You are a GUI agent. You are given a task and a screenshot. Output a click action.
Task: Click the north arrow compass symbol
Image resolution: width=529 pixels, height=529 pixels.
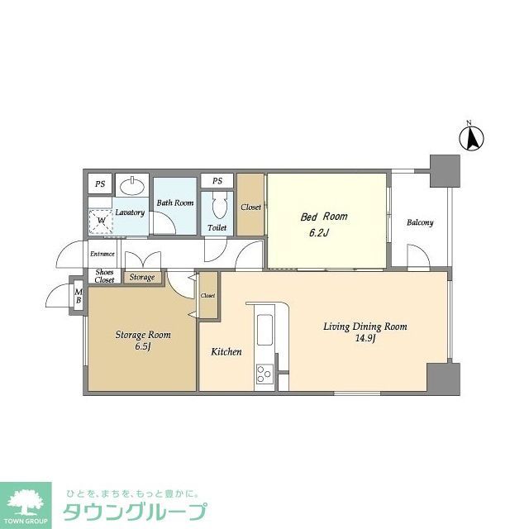point(472,137)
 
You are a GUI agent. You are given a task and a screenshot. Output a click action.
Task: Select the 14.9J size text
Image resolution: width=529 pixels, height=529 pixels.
point(365,338)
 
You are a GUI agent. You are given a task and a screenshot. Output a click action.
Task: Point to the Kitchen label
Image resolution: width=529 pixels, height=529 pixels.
point(226,352)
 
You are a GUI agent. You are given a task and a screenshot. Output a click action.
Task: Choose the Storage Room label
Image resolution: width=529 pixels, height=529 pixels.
point(142,335)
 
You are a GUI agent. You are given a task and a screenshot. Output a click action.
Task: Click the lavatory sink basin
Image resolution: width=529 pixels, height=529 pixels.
point(130,185)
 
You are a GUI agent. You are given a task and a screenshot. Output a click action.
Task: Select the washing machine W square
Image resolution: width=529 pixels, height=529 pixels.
point(102,221)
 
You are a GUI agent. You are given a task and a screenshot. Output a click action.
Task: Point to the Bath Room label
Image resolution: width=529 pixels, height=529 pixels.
point(175,203)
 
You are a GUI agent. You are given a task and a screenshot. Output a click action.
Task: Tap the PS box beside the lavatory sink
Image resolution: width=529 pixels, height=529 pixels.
point(100,184)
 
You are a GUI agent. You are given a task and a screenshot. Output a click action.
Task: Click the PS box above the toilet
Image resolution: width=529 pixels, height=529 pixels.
point(217,181)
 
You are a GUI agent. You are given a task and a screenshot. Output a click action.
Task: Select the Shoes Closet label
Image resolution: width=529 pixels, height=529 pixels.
point(104,276)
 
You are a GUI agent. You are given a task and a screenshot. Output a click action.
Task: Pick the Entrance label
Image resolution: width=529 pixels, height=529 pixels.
point(102,254)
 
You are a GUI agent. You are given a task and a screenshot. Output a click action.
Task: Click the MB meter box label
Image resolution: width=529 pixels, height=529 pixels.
point(79,295)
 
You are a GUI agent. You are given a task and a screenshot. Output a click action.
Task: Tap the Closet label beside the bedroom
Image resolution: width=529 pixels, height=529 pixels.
point(250,207)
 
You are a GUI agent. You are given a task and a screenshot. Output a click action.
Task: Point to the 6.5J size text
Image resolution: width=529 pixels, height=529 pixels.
point(142,347)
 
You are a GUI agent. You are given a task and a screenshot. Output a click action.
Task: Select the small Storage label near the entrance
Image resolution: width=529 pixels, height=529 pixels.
point(141,277)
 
